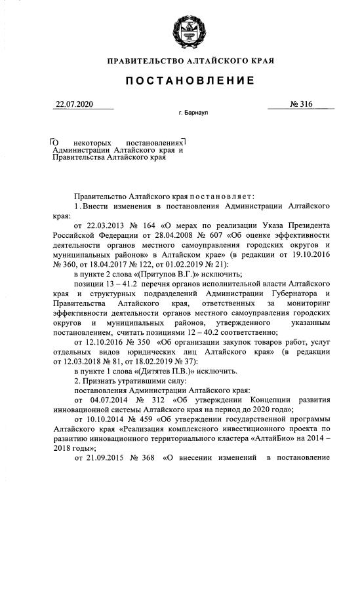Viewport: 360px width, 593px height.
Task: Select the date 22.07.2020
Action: point(75,104)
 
